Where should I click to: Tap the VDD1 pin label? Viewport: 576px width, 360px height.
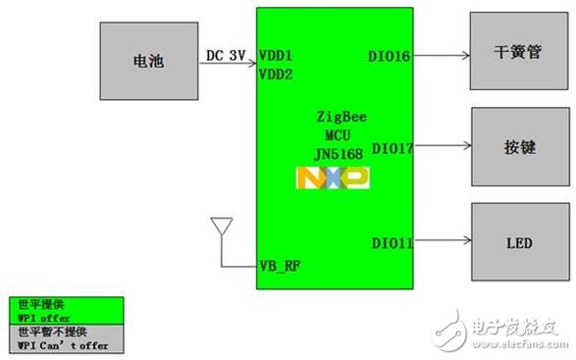click(276, 56)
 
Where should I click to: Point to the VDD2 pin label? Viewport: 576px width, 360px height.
click(276, 73)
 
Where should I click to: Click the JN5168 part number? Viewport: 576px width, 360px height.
click(333, 152)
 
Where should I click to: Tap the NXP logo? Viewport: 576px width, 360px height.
click(333, 178)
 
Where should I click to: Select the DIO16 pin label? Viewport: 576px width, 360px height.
click(391, 56)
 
